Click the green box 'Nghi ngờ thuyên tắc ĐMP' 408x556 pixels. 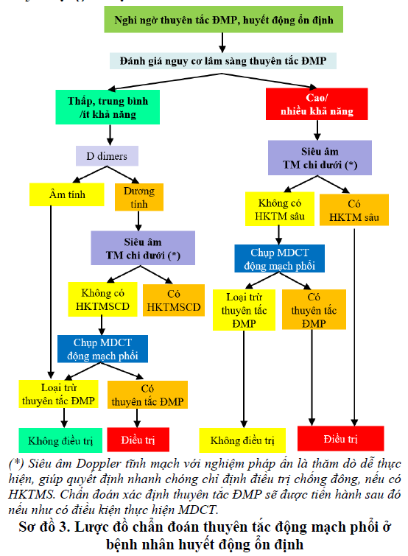click(223, 19)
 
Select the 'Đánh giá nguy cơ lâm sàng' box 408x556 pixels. click(223, 60)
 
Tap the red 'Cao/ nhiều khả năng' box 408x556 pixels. click(317, 104)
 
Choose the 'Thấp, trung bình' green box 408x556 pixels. click(108, 107)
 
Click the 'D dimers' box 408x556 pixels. click(107, 156)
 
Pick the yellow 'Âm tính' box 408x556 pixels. click(66, 194)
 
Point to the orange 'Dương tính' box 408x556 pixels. click(139, 197)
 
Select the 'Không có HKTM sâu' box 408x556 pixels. click(280, 209)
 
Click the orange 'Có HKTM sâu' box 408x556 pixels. click(354, 210)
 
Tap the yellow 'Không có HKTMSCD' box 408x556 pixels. click(102, 299)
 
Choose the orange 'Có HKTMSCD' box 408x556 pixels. click(174, 300)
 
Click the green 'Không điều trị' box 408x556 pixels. click(60, 440)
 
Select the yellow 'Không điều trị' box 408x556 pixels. click(242, 440)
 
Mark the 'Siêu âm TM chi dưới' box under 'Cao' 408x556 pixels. click(320, 158)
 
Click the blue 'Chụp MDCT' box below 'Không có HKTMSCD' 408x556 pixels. click(102, 349)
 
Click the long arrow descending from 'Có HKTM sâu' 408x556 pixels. click(354, 326)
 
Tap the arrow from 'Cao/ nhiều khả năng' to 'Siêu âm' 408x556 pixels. click(317, 130)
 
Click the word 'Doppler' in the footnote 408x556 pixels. click(99, 464)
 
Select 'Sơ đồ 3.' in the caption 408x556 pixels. click(45, 527)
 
